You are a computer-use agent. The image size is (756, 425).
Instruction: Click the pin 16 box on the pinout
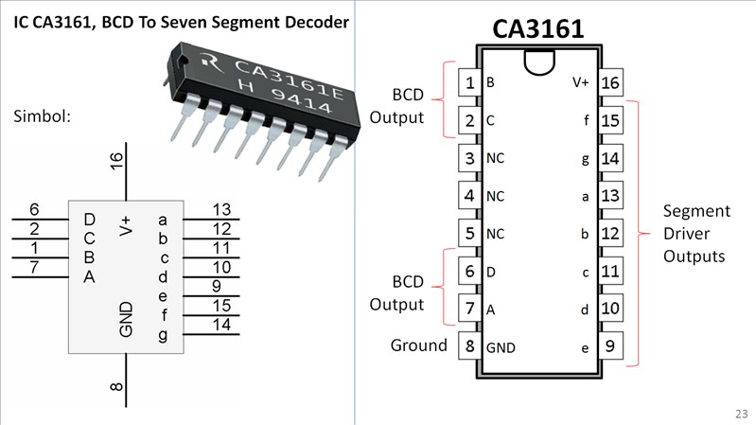tap(610, 83)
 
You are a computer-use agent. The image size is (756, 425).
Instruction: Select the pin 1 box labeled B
tap(469, 83)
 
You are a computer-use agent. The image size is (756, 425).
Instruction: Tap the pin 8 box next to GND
tap(469, 346)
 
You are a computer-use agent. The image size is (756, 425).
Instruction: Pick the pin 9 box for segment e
tap(610, 346)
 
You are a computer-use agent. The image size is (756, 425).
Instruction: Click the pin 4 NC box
tap(469, 196)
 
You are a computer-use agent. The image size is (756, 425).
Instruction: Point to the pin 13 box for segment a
tap(610, 196)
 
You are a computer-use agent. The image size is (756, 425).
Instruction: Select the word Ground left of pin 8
tap(419, 345)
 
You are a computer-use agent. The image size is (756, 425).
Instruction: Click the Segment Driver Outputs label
tap(695, 233)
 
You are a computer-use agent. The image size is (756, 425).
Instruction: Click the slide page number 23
tap(739, 414)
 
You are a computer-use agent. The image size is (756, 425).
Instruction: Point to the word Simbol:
tap(43, 116)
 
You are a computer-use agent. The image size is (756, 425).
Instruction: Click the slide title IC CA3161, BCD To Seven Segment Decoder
tap(180, 20)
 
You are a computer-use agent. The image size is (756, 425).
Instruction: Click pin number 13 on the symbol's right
tap(221, 209)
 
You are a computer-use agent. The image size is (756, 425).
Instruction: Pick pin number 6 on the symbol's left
tap(34, 209)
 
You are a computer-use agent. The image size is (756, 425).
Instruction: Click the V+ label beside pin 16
tap(581, 83)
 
